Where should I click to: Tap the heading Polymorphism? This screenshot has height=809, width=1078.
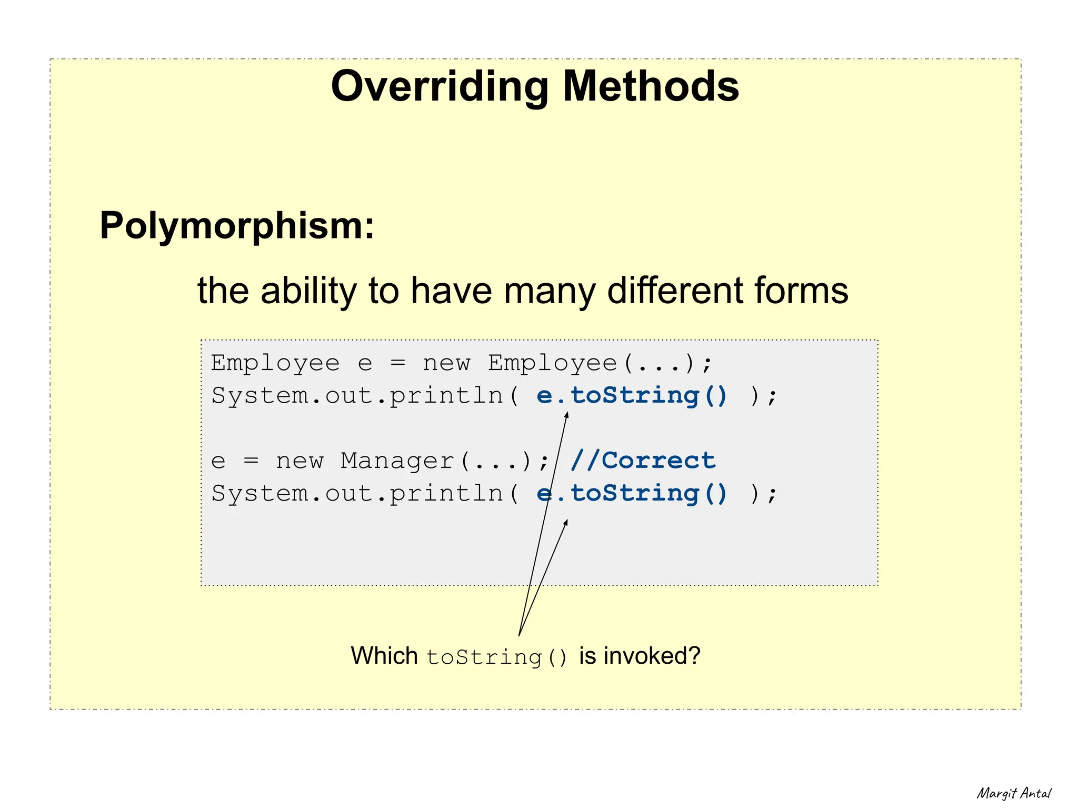[x=237, y=226]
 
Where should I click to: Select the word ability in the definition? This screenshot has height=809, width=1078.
[x=308, y=291]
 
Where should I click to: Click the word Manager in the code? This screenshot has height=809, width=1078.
[x=397, y=461]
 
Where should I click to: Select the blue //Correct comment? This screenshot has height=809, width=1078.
[x=643, y=461]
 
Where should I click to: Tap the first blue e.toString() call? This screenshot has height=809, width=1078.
[x=632, y=396]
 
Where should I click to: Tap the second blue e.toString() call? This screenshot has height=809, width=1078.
[x=632, y=494]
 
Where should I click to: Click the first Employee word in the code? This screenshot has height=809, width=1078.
[x=275, y=363]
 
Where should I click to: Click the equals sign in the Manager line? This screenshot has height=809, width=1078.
[x=251, y=462]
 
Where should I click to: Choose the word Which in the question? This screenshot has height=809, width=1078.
[x=384, y=656]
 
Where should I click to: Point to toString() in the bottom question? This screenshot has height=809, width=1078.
[x=497, y=657]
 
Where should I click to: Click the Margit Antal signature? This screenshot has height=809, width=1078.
[x=1014, y=793]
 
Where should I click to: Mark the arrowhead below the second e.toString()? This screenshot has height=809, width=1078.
[x=566, y=522]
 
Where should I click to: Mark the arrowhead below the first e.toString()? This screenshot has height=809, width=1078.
[x=567, y=415]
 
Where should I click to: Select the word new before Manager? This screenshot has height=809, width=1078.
[x=300, y=462]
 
